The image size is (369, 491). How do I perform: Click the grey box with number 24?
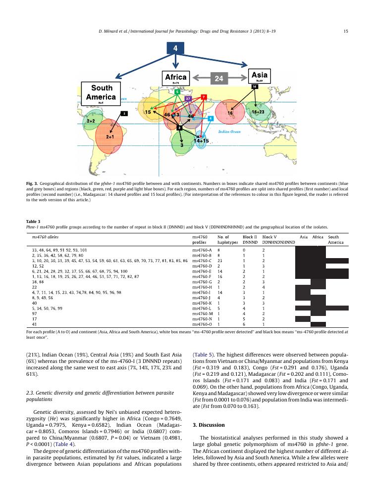219,78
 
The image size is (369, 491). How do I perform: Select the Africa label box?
176,78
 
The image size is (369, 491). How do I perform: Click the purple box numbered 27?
188,99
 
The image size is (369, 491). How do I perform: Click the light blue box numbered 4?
211,119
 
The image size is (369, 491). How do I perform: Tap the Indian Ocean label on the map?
229,132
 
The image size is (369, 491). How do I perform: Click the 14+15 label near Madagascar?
201,141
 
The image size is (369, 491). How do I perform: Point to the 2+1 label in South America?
110,136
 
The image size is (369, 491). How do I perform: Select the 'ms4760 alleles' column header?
45,237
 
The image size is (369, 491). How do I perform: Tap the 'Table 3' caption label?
33,222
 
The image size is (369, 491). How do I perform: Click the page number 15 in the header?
345,32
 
